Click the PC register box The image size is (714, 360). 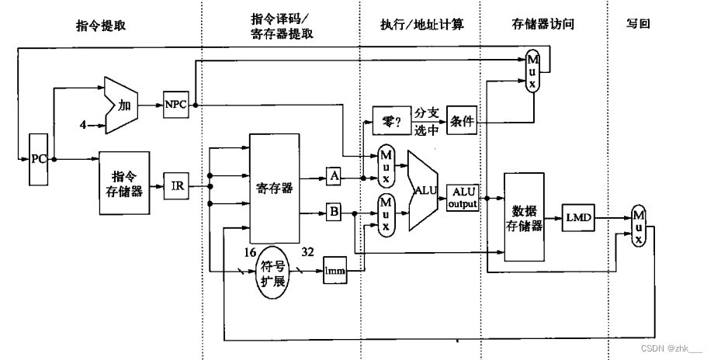click(38, 158)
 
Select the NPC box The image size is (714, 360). click(175, 104)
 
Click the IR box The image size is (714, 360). click(177, 186)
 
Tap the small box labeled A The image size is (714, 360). click(334, 177)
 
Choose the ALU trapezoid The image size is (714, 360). click(425, 189)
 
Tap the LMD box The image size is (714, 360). click(580, 220)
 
